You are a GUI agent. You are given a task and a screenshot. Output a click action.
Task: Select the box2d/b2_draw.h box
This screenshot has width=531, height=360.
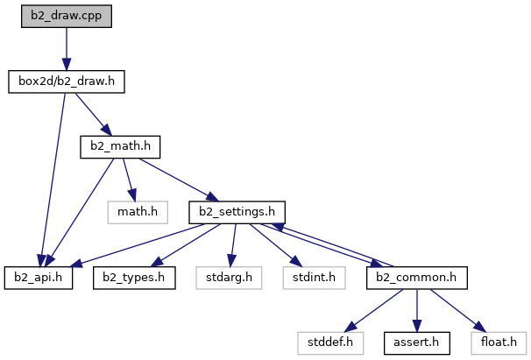coord(67,82)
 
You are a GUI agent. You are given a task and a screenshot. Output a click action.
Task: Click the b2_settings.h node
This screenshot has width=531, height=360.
coord(237,211)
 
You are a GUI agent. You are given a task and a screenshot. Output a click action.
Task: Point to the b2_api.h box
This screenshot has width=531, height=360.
coord(38,277)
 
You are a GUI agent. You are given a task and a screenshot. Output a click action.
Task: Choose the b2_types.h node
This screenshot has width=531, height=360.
coord(134,277)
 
